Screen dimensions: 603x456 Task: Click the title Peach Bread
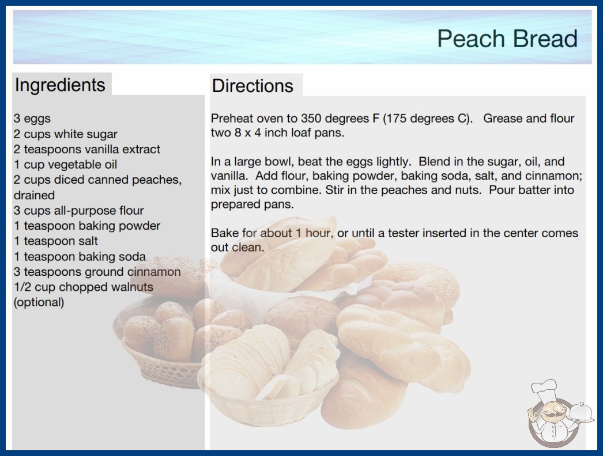click(x=507, y=39)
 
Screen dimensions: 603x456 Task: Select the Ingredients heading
click(x=60, y=85)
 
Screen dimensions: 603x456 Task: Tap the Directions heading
click(x=252, y=86)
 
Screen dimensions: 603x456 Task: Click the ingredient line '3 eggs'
click(x=32, y=119)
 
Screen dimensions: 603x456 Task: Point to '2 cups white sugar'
click(x=65, y=134)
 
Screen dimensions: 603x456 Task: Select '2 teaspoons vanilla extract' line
click(x=87, y=149)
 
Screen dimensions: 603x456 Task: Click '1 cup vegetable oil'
click(x=65, y=165)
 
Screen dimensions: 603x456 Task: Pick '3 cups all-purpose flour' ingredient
click(x=79, y=211)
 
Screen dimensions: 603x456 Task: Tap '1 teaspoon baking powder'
click(x=87, y=226)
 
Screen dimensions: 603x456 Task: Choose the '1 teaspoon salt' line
click(x=56, y=241)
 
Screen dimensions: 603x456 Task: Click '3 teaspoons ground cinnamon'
click(x=97, y=272)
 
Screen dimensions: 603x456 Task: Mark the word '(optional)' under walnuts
click(x=39, y=302)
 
